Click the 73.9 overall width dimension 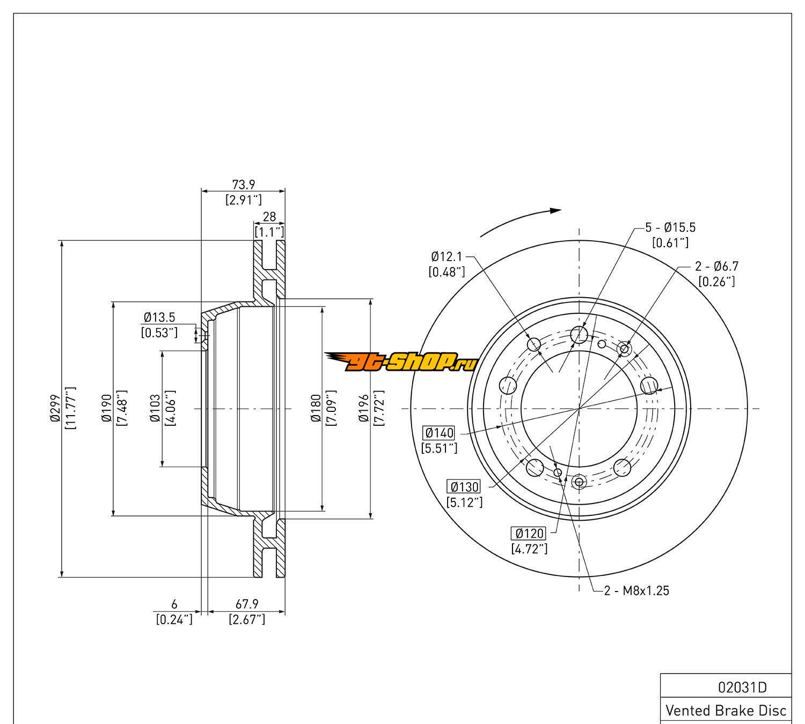click(243, 184)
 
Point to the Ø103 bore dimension click(155, 409)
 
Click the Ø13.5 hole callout click(159, 317)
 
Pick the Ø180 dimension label click(316, 409)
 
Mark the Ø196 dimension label click(364, 409)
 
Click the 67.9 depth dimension click(247, 604)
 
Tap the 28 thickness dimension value click(269, 216)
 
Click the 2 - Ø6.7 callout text click(716, 266)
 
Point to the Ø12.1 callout click(446, 257)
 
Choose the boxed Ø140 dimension click(438, 432)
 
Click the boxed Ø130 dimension click(464, 486)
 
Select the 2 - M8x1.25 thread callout click(636, 590)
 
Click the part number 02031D click(742, 687)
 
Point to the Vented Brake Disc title click(726, 711)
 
